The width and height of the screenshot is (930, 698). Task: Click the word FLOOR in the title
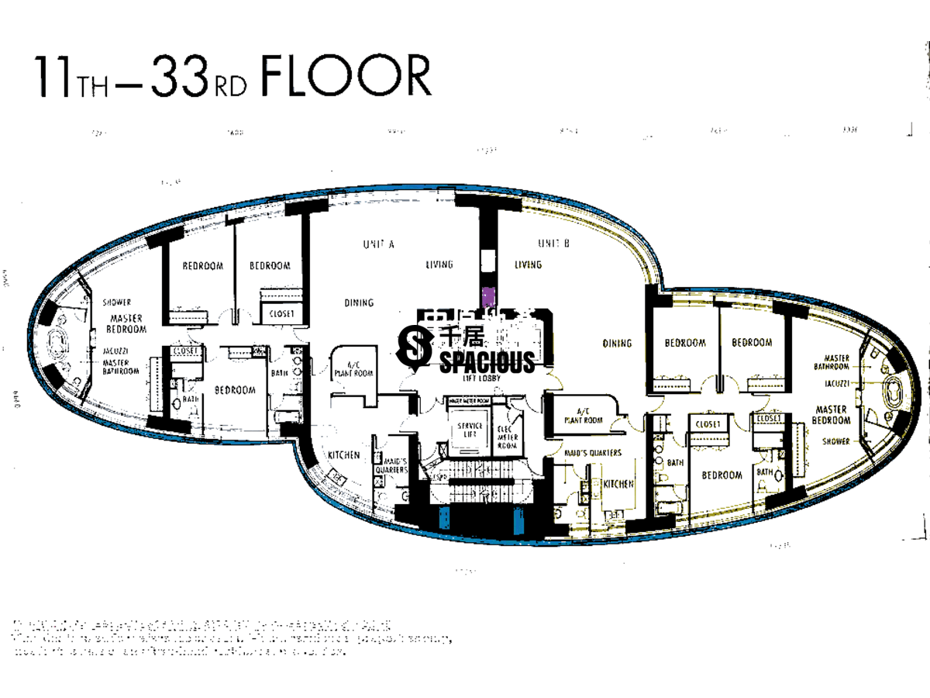pos(346,77)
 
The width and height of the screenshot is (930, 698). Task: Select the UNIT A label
pos(379,244)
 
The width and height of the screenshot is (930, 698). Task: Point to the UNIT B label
pos(553,244)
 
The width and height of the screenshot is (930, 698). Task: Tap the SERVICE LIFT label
pos(470,430)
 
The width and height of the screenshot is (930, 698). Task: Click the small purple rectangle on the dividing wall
pos(487,296)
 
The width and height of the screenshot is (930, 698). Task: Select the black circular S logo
pos(415,346)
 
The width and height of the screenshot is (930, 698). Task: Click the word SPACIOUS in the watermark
pos(487,362)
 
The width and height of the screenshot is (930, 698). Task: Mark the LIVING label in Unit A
pos(439,265)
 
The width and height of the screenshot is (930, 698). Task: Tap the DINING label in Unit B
pos(617,343)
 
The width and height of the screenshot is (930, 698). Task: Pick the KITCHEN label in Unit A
pos(343,455)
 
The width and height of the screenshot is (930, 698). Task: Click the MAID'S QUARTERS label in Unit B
pos(593,453)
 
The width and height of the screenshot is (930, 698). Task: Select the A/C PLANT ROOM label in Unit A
pos(353,368)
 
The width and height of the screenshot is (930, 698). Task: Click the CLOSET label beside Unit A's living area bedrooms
pos(281,315)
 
